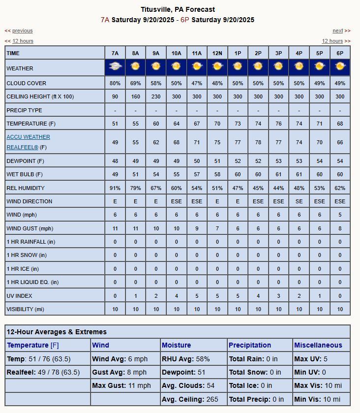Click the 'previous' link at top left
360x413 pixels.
23,31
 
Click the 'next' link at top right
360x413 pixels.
337,31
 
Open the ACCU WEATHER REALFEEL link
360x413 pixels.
28,142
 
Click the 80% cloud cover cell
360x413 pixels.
115,83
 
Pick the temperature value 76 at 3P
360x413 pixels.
278,124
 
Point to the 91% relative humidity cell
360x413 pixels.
115,188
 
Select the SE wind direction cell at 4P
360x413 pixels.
299,201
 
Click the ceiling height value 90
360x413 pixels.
115,97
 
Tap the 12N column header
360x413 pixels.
217,53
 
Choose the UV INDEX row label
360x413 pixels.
20,296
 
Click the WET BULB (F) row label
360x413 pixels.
25,174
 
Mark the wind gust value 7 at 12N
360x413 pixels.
217,228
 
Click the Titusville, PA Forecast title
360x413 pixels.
178,9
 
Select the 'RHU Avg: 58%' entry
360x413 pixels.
185,359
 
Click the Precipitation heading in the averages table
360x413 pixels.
250,345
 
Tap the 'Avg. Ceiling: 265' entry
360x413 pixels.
190,399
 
